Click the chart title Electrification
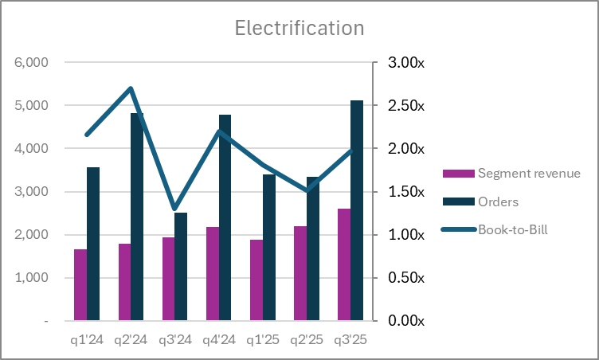(x=299, y=28)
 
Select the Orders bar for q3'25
(x=357, y=211)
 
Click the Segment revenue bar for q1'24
(x=80, y=285)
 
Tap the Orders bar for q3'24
(x=181, y=267)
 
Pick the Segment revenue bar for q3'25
(x=344, y=264)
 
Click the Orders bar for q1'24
(x=93, y=244)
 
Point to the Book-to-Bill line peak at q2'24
(x=131, y=88)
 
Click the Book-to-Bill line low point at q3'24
(x=174, y=209)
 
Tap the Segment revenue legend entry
(x=528, y=173)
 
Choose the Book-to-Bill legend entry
(x=514, y=229)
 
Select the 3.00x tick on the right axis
(x=405, y=63)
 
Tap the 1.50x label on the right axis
(x=405, y=192)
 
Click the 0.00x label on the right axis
(x=405, y=321)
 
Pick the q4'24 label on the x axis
(x=218, y=340)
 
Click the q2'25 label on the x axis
(x=306, y=340)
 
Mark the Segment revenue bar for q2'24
(x=124, y=282)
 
